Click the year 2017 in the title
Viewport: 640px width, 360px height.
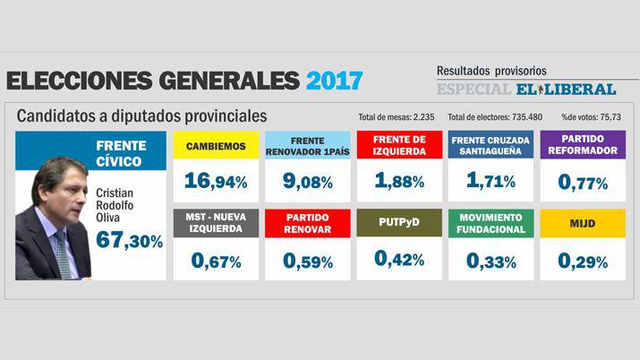[334, 81]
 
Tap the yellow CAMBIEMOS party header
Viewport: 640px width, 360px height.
[216, 145]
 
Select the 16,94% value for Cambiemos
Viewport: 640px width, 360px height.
[216, 182]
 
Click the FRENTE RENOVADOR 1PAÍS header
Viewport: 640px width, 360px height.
[308, 145]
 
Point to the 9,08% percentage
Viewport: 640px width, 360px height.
[308, 182]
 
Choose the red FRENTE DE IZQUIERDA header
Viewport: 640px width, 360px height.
[399, 145]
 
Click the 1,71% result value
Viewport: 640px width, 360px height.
[491, 182]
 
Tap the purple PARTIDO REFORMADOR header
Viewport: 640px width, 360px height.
[583, 145]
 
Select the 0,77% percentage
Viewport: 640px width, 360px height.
[583, 183]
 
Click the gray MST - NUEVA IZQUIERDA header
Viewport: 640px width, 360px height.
[216, 223]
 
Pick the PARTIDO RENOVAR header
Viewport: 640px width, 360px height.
[308, 223]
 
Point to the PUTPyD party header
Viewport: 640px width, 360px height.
[399, 223]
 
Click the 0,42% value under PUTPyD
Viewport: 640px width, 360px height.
[399, 260]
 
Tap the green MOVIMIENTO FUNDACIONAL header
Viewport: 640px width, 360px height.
[491, 223]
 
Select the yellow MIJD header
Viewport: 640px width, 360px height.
[583, 223]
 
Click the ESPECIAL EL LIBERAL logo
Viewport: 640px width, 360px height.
[526, 90]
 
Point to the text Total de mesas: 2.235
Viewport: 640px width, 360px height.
[397, 117]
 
